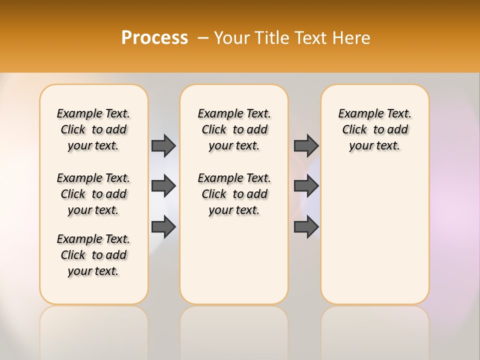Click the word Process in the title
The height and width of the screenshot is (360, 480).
(x=154, y=38)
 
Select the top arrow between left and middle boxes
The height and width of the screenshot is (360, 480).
(x=163, y=145)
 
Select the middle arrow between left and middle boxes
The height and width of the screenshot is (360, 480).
(x=163, y=186)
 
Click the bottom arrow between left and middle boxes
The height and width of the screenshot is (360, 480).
(x=163, y=227)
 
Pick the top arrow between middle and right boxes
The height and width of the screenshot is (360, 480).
(x=306, y=145)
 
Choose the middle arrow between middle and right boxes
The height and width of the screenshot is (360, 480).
(x=306, y=186)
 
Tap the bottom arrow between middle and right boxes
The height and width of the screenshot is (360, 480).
(x=306, y=227)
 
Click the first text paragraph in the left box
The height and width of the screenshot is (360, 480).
(x=93, y=129)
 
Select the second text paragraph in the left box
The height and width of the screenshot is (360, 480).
(x=93, y=194)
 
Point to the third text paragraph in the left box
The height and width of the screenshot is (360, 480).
(x=93, y=255)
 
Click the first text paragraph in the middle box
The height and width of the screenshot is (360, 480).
(x=234, y=129)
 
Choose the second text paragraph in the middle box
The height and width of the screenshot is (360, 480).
(x=234, y=194)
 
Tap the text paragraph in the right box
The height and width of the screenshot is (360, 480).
(x=375, y=129)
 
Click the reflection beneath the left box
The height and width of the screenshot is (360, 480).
(x=94, y=330)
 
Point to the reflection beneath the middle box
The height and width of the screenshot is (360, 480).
(x=234, y=330)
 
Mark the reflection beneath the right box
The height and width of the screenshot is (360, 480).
(x=375, y=330)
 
